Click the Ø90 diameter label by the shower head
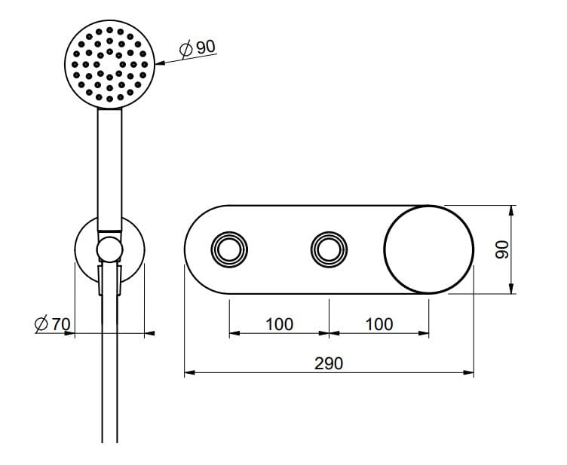pyautogui.click(x=198, y=47)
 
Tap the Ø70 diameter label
pyautogui.click(x=52, y=325)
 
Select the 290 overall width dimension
pyautogui.click(x=329, y=363)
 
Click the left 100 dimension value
pyautogui.click(x=279, y=324)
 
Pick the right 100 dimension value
pyautogui.click(x=379, y=324)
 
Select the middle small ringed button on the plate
pyautogui.click(x=329, y=249)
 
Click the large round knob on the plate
pyautogui.click(x=428, y=249)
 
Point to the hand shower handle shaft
pyautogui.click(x=111, y=170)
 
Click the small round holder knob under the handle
pyautogui.click(x=110, y=249)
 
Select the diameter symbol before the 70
pyautogui.click(x=41, y=325)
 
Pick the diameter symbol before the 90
pyautogui.click(x=186, y=48)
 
